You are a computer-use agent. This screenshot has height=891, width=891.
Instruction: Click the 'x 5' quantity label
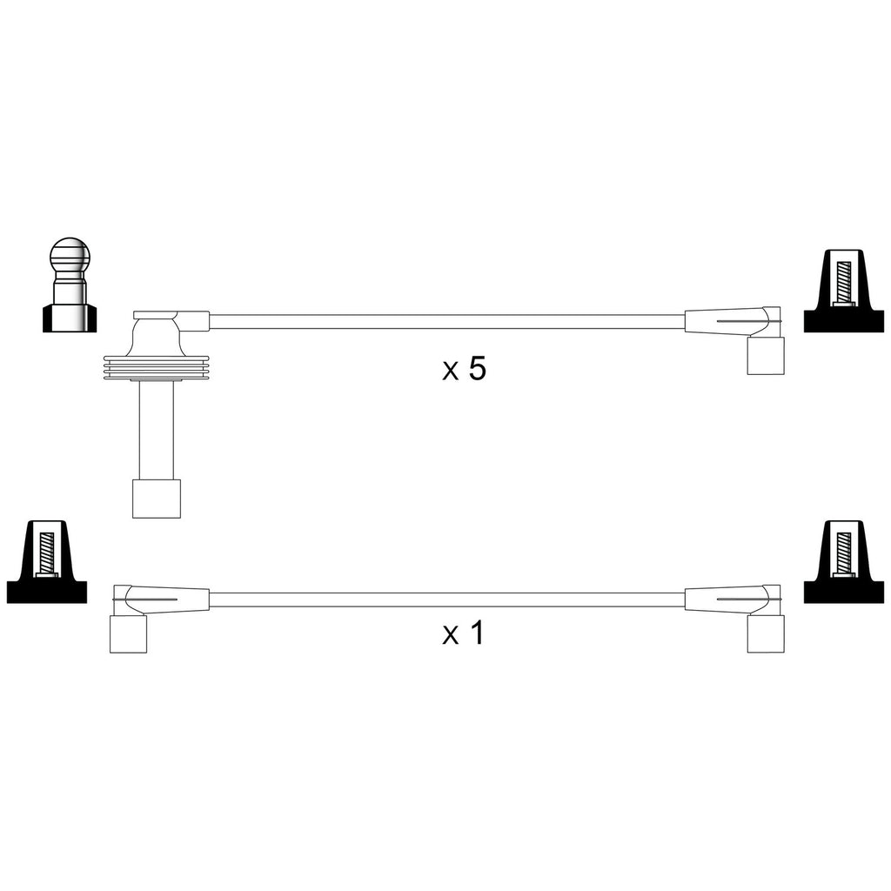pyautogui.click(x=465, y=369)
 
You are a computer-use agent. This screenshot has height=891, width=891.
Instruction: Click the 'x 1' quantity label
pyautogui.click(x=463, y=633)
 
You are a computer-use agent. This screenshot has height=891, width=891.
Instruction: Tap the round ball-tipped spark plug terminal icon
pyautogui.click(x=70, y=285)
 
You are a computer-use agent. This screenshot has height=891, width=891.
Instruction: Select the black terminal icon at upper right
pyautogui.click(x=844, y=291)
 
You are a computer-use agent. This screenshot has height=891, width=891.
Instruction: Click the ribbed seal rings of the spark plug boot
pyautogui.click(x=157, y=368)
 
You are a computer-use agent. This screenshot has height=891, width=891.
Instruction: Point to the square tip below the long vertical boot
pyautogui.click(x=157, y=499)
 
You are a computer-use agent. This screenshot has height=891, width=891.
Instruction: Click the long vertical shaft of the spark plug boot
pyautogui.click(x=157, y=430)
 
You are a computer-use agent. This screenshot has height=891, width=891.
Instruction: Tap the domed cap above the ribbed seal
pyautogui.click(x=157, y=337)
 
